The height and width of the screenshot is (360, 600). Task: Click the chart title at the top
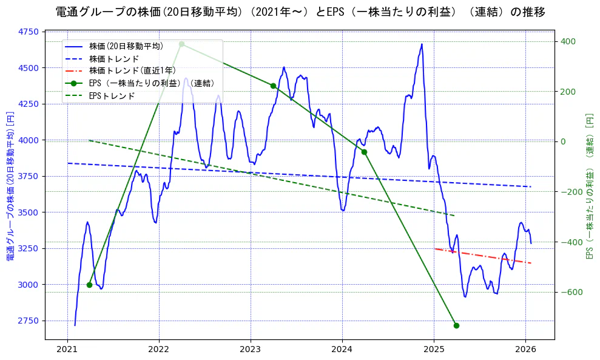(x=300, y=12)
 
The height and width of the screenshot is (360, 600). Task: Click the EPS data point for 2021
(x=89, y=285)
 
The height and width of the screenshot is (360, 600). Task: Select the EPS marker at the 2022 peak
(x=181, y=44)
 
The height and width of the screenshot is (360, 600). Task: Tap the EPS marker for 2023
(x=273, y=86)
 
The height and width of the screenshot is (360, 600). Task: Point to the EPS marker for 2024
(x=364, y=152)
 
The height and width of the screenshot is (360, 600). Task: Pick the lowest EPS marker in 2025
(x=456, y=325)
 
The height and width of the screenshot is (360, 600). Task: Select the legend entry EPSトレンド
(x=112, y=96)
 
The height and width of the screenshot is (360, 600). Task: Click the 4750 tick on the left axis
(x=29, y=32)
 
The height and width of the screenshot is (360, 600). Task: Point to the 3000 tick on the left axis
(x=29, y=285)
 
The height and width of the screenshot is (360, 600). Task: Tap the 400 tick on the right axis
(x=568, y=41)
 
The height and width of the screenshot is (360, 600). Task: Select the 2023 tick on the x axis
(x=251, y=350)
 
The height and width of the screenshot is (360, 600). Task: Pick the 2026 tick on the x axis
(x=525, y=350)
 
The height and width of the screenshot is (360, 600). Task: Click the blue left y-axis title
(x=10, y=186)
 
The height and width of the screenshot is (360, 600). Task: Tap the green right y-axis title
(x=589, y=186)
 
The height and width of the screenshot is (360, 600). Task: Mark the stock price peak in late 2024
(x=422, y=44)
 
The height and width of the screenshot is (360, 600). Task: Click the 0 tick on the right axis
(x=563, y=141)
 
